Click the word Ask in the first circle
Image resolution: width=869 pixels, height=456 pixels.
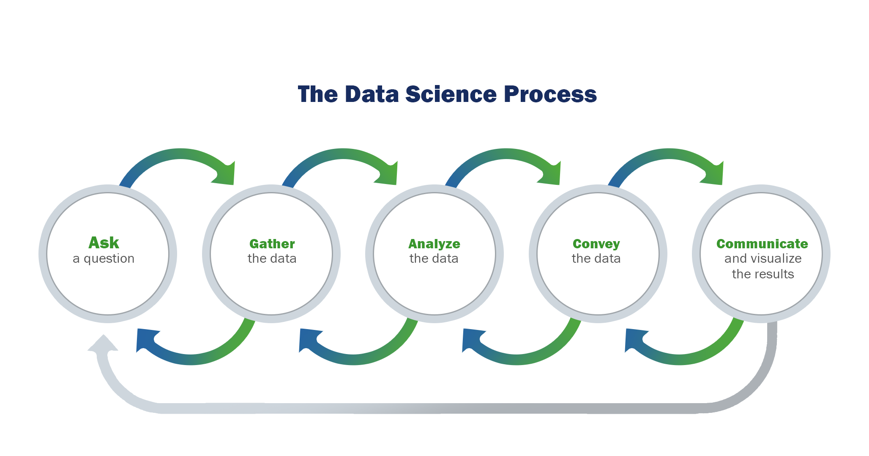click(104, 243)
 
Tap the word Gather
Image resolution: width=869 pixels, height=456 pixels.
click(272, 244)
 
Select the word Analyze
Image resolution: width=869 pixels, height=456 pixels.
click(434, 244)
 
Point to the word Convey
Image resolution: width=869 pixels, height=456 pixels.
click(596, 244)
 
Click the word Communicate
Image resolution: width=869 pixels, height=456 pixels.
click(762, 244)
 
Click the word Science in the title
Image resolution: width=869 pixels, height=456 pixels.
click(451, 94)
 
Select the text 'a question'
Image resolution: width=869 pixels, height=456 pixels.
click(104, 258)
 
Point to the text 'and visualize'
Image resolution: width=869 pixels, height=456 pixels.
click(763, 258)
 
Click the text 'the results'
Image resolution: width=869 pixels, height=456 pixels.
click(763, 274)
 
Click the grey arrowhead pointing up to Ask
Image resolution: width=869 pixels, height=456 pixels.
click(103, 343)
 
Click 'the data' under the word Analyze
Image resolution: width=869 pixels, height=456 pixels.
click(434, 258)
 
